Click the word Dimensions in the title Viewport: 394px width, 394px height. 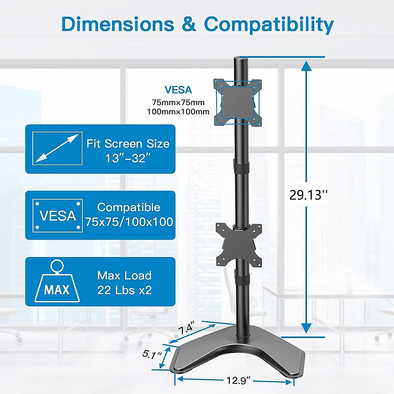click(118, 24)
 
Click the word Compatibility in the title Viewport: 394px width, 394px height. click(269, 25)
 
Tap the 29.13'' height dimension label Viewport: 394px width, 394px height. click(308, 195)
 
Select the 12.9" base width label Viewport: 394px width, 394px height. click(238, 381)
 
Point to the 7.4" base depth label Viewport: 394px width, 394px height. click(186, 328)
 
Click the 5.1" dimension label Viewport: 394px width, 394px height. click(152, 354)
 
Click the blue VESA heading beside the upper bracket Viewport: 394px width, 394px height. click(178, 90)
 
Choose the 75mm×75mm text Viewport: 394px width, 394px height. click(178, 102)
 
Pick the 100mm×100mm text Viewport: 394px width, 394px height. click(178, 112)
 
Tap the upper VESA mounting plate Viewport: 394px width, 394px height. click(238, 102)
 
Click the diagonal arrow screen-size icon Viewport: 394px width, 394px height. click(57, 148)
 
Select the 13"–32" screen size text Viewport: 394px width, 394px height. click(128, 158)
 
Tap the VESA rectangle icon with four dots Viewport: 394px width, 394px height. click(57, 215)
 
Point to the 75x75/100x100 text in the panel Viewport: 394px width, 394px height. click(129, 222)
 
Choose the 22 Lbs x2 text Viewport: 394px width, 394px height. click(124, 290)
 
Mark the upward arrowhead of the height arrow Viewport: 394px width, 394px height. click(306, 66)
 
